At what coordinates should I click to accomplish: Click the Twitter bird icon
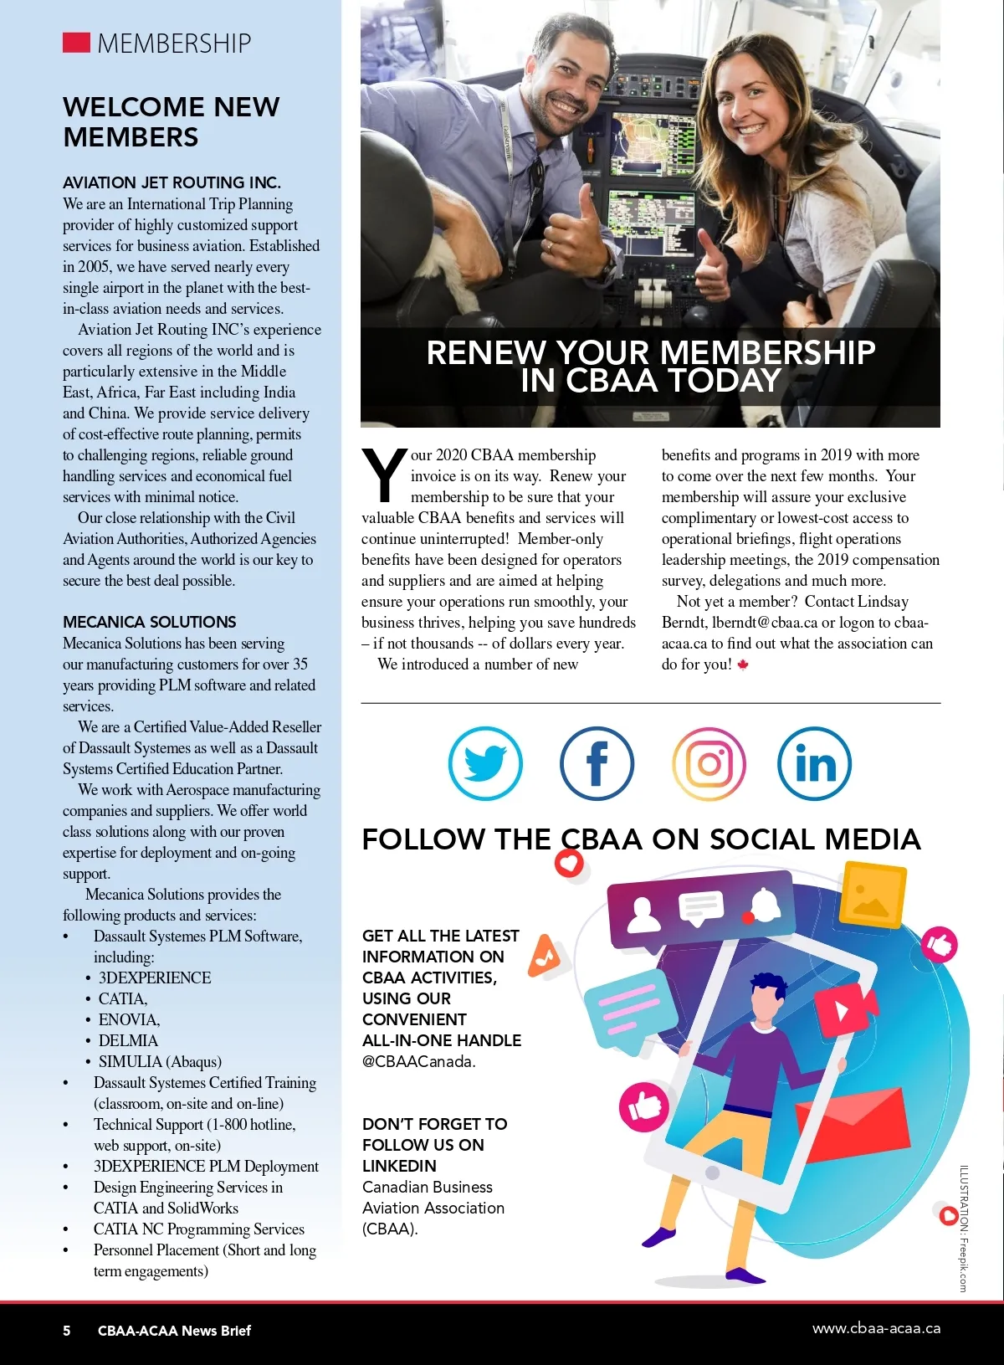485,763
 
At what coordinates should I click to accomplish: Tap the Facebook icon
597,763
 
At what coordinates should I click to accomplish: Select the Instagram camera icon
709,763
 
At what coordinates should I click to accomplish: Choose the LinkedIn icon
814,763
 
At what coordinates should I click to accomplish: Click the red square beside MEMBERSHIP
76,43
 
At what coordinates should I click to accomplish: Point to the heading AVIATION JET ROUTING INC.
172,182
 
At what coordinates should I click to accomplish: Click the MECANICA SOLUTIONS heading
149,622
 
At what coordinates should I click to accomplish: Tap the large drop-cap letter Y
383,475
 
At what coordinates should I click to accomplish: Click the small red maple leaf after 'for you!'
743,665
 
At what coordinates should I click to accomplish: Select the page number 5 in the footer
67,1331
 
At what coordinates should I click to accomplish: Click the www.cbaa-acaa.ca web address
876,1328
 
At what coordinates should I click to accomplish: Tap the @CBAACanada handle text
418,1061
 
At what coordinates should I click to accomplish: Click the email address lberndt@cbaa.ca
765,623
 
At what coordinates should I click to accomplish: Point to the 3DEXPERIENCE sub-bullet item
155,978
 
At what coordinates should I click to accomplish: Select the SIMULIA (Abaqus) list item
160,1061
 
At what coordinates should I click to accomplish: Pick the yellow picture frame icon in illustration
872,896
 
